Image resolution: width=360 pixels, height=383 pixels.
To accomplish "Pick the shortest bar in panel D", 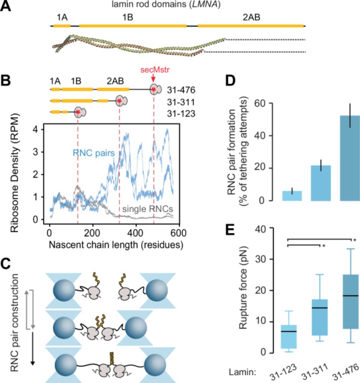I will coord(292,196).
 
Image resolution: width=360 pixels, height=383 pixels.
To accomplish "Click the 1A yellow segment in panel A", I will coord(62,26).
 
